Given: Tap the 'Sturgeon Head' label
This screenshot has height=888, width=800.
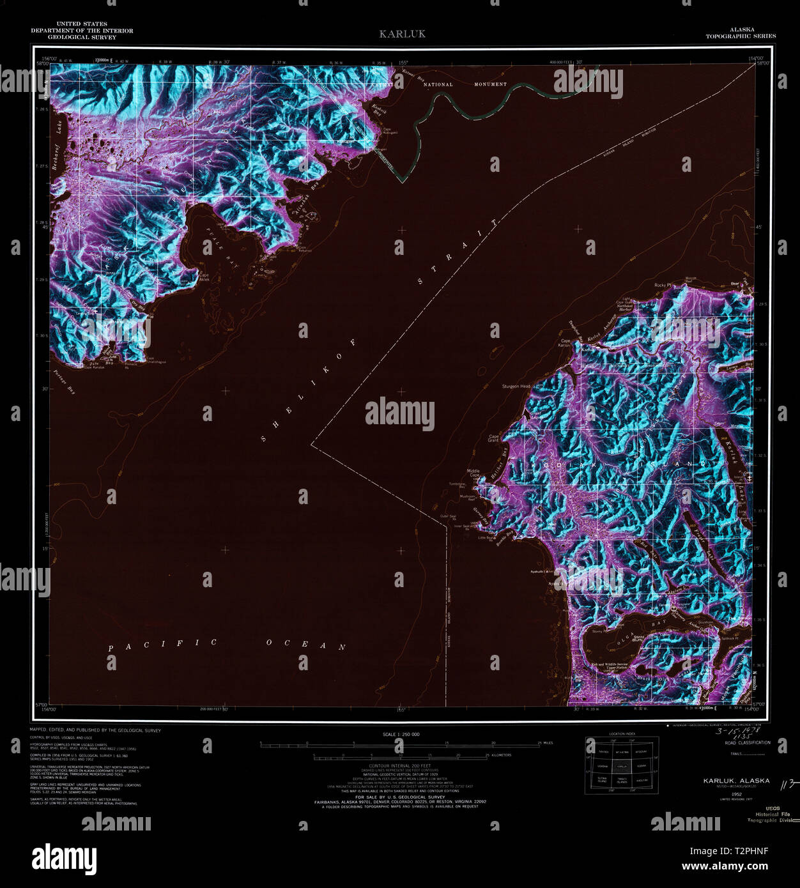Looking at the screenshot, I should (x=516, y=387).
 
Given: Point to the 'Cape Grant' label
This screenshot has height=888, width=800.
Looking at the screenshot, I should (x=493, y=439).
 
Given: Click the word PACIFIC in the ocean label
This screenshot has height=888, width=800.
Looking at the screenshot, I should (x=162, y=645).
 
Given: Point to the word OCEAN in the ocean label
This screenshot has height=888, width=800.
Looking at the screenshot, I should (x=305, y=645).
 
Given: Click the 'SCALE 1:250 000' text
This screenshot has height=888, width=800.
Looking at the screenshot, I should (x=401, y=735).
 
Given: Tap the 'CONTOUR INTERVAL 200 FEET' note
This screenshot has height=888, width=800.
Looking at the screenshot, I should (x=400, y=765).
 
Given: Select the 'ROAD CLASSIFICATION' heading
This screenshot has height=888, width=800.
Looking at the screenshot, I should (x=747, y=743).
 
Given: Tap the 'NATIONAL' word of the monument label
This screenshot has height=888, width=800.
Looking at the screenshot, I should (x=438, y=84).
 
